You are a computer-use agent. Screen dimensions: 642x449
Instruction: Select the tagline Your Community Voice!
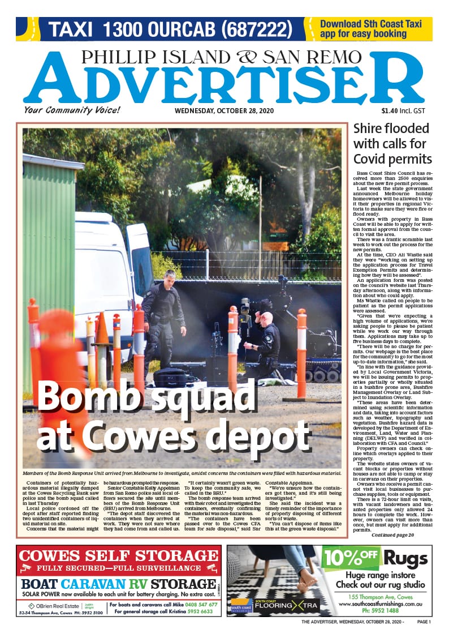[x=64, y=110]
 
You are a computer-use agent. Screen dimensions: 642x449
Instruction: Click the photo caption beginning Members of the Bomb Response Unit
[x=182, y=472]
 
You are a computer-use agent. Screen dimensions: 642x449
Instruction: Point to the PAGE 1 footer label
[x=424, y=622]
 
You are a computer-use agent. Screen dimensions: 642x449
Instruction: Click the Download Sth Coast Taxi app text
[x=370, y=29]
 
